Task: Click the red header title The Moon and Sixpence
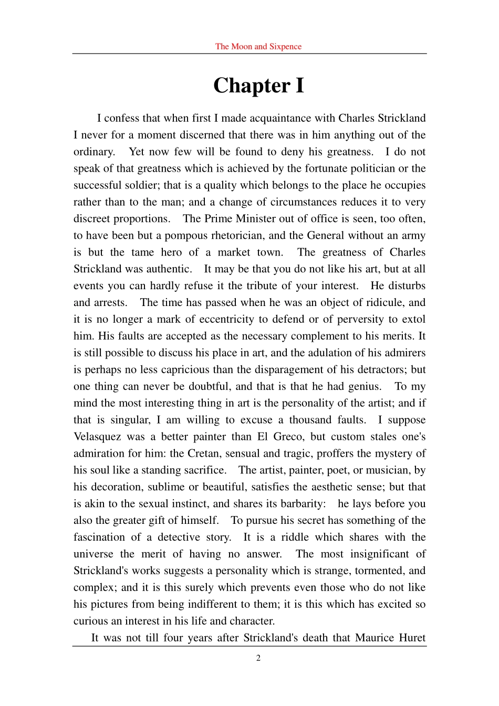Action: point(258,46)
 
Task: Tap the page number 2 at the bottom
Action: point(258,658)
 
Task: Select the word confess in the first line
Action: point(123,118)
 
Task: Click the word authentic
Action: point(169,269)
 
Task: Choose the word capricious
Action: point(192,370)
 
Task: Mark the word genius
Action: point(364,386)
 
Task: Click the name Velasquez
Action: point(98,437)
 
